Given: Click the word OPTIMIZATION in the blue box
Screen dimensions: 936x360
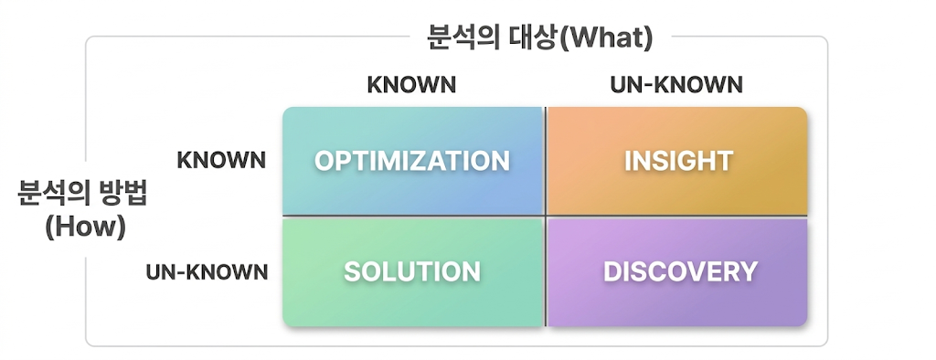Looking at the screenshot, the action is pyautogui.click(x=412, y=161).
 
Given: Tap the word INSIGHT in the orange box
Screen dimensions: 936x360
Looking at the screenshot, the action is pyautogui.click(x=679, y=161).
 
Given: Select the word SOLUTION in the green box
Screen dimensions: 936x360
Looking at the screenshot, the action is pyautogui.click(x=412, y=271).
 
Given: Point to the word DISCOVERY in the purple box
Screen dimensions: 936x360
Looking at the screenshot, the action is pyautogui.click(x=680, y=271).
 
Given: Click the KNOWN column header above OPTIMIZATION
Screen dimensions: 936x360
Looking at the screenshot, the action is pyautogui.click(x=411, y=85).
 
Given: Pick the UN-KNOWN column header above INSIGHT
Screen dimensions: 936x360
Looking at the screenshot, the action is pyautogui.click(x=676, y=85).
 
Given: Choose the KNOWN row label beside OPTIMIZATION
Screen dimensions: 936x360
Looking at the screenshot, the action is pyautogui.click(x=221, y=160).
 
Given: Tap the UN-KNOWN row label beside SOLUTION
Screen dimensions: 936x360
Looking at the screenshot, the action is pyautogui.click(x=207, y=272).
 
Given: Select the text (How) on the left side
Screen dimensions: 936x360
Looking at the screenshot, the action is pyautogui.click(x=85, y=228).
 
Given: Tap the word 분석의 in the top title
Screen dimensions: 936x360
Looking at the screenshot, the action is pyautogui.click(x=463, y=39).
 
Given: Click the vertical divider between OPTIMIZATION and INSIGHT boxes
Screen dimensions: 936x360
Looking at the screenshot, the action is pyautogui.click(x=545, y=161).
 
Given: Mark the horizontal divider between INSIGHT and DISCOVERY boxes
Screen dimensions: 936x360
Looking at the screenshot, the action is pyautogui.click(x=676, y=216).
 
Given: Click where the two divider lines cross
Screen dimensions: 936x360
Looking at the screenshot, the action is pyautogui.click(x=545, y=216).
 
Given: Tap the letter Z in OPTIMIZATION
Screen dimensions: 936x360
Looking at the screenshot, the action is pyautogui.click(x=432, y=161).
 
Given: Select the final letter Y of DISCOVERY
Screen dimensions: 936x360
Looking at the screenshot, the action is pyautogui.click(x=749, y=271).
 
